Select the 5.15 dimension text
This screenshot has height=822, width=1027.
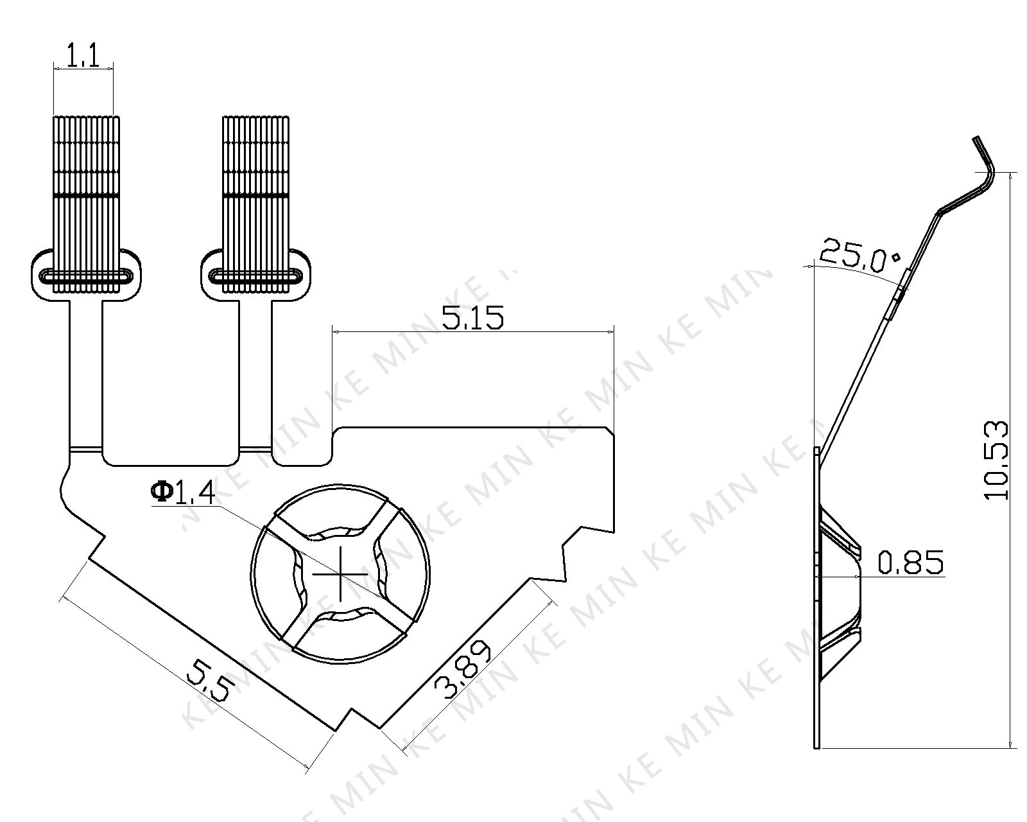click(x=472, y=318)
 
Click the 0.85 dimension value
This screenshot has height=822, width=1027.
click(x=911, y=562)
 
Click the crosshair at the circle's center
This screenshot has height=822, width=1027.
click(x=340, y=574)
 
